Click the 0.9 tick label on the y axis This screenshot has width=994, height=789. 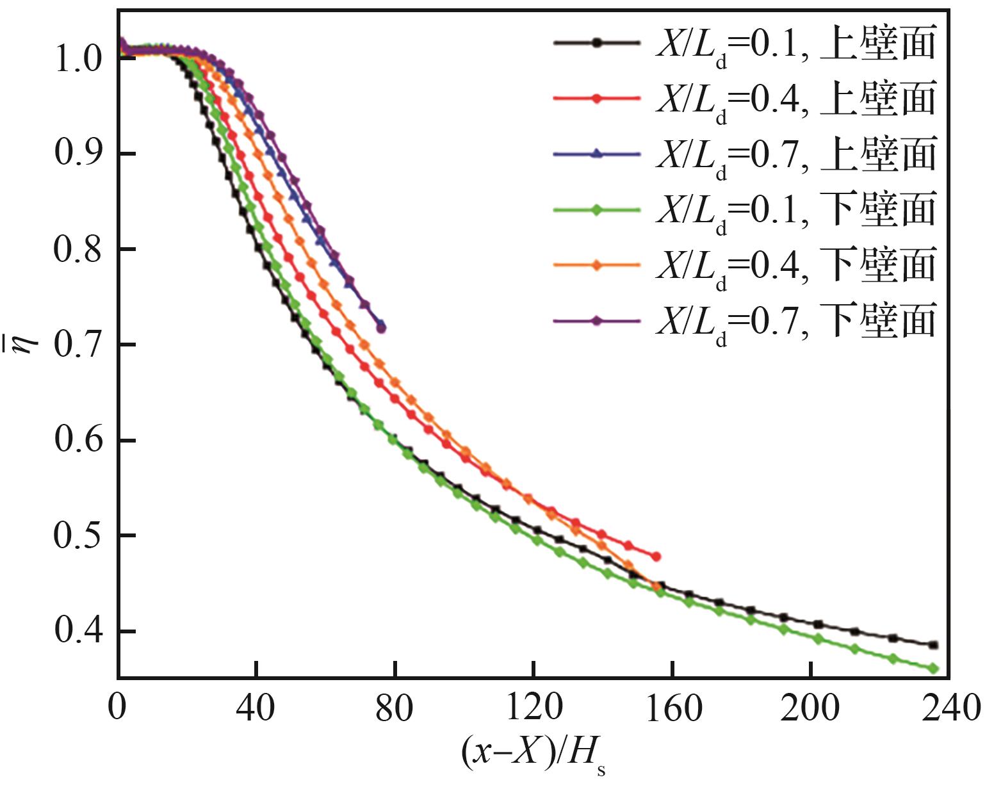78,154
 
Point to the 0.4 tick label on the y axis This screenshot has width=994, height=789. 78,631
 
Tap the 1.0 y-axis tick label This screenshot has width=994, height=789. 78,59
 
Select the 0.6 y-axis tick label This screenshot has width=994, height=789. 78,441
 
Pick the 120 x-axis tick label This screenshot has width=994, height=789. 534,708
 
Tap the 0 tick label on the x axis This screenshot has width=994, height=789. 117,708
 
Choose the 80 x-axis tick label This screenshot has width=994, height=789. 395,708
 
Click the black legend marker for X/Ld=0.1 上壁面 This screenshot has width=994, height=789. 597,43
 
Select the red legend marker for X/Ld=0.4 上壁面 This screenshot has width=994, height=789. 597,98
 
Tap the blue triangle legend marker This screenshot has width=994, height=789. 597,154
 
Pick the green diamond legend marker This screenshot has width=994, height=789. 597,209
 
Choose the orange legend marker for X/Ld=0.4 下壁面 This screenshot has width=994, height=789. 597,264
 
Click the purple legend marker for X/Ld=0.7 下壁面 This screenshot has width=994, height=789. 597,320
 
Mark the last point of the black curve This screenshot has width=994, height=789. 933,645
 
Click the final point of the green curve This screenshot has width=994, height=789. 933,669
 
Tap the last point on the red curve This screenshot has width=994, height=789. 656,557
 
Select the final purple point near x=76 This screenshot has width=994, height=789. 381,329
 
